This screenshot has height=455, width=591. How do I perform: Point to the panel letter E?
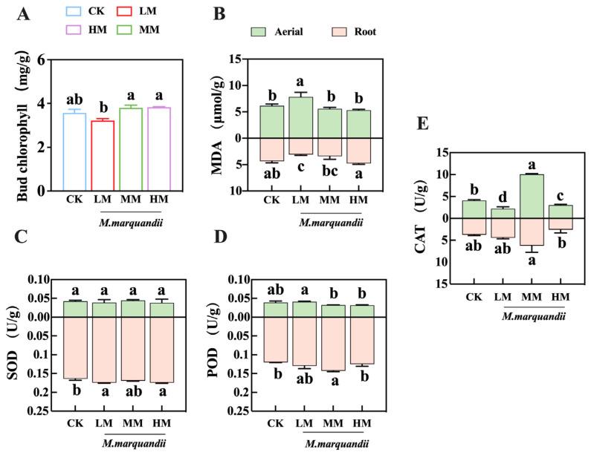click(424, 122)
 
